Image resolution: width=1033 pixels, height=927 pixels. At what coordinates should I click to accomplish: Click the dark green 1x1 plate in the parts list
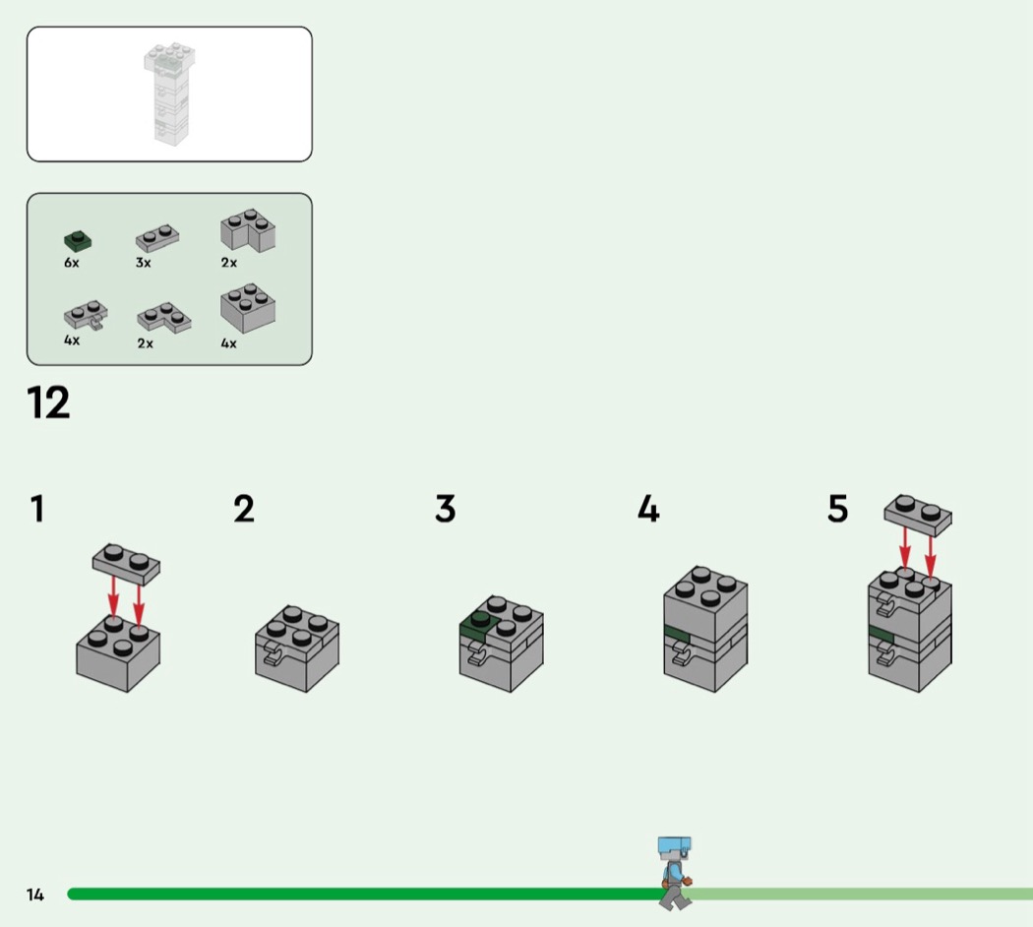78,241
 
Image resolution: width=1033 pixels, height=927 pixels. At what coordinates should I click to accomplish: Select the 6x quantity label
71,263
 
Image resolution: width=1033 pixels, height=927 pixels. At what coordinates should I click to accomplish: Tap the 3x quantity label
143,263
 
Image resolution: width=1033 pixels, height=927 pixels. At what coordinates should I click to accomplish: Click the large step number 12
48,402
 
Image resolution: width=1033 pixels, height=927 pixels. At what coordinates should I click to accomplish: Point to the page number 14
34,895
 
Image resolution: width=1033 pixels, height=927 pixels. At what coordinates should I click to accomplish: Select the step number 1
37,509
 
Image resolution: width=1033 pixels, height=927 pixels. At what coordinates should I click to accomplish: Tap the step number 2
244,509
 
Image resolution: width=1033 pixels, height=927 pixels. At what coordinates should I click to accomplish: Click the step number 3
446,509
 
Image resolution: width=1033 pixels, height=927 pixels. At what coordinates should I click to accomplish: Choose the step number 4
648,509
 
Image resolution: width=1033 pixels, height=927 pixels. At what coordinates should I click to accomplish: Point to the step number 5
837,509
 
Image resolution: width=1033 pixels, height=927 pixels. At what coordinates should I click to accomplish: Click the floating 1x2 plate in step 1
126,565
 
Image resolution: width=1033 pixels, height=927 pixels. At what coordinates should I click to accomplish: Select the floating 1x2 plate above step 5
918,516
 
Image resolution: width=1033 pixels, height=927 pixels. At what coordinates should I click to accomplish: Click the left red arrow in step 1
113,599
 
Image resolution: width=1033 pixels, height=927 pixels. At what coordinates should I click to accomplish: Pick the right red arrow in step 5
931,557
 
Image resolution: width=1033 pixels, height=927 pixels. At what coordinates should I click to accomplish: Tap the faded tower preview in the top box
169,93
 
